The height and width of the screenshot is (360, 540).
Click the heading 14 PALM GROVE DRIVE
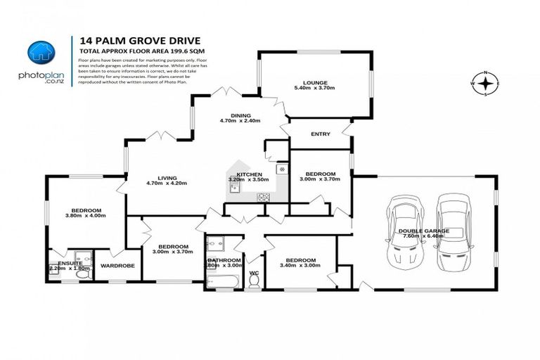[126, 41]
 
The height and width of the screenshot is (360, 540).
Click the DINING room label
[240, 115]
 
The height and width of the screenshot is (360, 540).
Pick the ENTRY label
[320, 134]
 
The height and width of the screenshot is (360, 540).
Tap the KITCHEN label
[249, 174]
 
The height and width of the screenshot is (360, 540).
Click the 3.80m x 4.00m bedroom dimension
[85, 217]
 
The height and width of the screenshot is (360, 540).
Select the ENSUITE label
[70, 263]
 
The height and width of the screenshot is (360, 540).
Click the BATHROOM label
[224, 260]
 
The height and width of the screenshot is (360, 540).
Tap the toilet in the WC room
[254, 281]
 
